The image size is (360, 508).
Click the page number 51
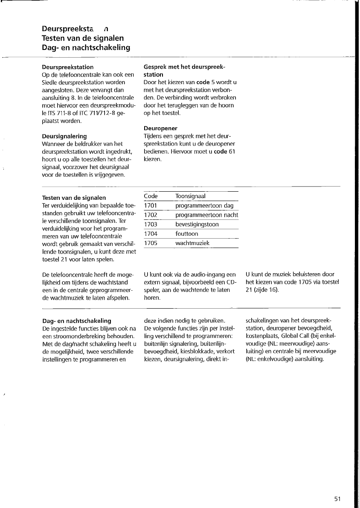[338, 499]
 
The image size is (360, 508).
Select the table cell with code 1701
[151, 206]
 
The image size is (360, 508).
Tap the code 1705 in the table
[151, 243]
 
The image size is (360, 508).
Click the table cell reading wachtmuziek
[192, 243]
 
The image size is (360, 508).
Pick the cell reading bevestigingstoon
[197, 225]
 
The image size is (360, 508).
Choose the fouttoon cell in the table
[187, 234]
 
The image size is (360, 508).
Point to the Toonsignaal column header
[190, 196]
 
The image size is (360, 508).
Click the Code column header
[151, 196]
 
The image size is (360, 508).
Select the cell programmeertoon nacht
[207, 215]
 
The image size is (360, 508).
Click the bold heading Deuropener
[161, 128]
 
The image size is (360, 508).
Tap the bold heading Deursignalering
[64, 136]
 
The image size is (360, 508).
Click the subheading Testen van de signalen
[74, 198]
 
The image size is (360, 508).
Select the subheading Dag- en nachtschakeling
[76, 321]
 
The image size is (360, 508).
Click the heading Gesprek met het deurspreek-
[184, 67]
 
